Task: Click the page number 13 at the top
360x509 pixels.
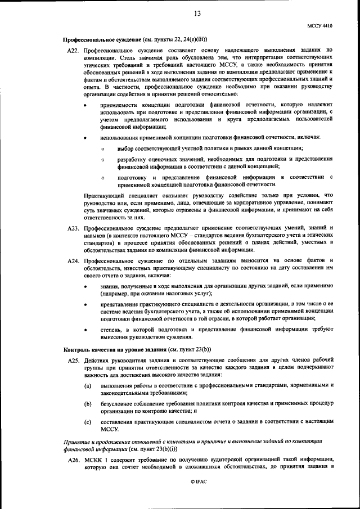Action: coord(197,13)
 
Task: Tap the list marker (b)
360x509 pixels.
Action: coord(88,404)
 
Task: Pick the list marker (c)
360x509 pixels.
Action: coord(88,422)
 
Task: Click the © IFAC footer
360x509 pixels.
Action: coord(198,483)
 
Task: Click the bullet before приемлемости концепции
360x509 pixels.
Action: coord(85,105)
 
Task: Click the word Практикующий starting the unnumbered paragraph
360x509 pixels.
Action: coord(102,195)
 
